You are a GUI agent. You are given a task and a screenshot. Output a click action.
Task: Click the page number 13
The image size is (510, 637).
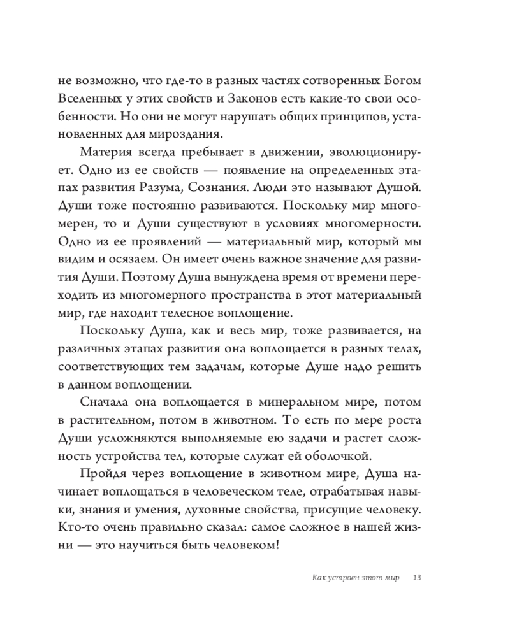click(x=418, y=578)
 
